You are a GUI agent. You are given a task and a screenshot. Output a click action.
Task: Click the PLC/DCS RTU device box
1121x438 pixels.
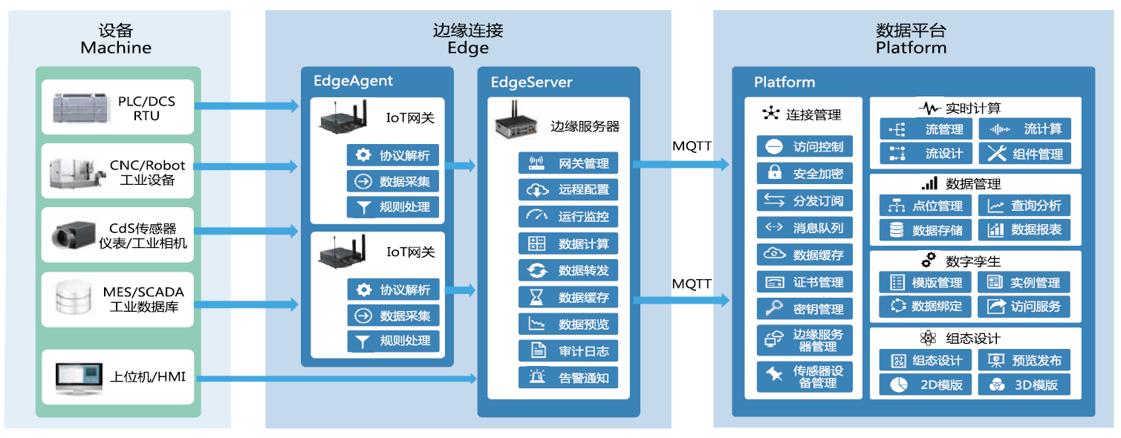point(117,108)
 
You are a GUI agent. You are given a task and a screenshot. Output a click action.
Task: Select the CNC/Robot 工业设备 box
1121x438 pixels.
point(117,171)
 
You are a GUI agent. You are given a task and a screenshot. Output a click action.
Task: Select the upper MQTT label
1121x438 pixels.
point(692,146)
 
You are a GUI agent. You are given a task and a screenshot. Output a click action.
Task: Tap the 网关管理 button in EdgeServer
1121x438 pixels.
point(568,163)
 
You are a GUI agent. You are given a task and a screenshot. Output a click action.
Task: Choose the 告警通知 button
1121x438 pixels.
point(568,377)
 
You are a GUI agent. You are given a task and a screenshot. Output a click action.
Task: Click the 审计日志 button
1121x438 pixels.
point(568,350)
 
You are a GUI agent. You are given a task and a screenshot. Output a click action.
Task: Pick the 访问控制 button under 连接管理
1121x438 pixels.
point(805,146)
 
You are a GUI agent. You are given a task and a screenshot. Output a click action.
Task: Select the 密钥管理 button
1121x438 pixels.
point(805,309)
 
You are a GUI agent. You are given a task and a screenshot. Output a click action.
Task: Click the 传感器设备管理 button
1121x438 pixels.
point(805,376)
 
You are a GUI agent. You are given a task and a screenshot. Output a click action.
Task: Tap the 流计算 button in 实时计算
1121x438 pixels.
point(1024,129)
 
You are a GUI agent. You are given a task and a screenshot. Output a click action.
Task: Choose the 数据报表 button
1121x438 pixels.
point(1024,230)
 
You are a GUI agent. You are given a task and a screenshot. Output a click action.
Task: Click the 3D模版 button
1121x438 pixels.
point(1024,385)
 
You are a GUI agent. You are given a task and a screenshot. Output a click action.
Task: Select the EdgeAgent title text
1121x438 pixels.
point(353,81)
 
